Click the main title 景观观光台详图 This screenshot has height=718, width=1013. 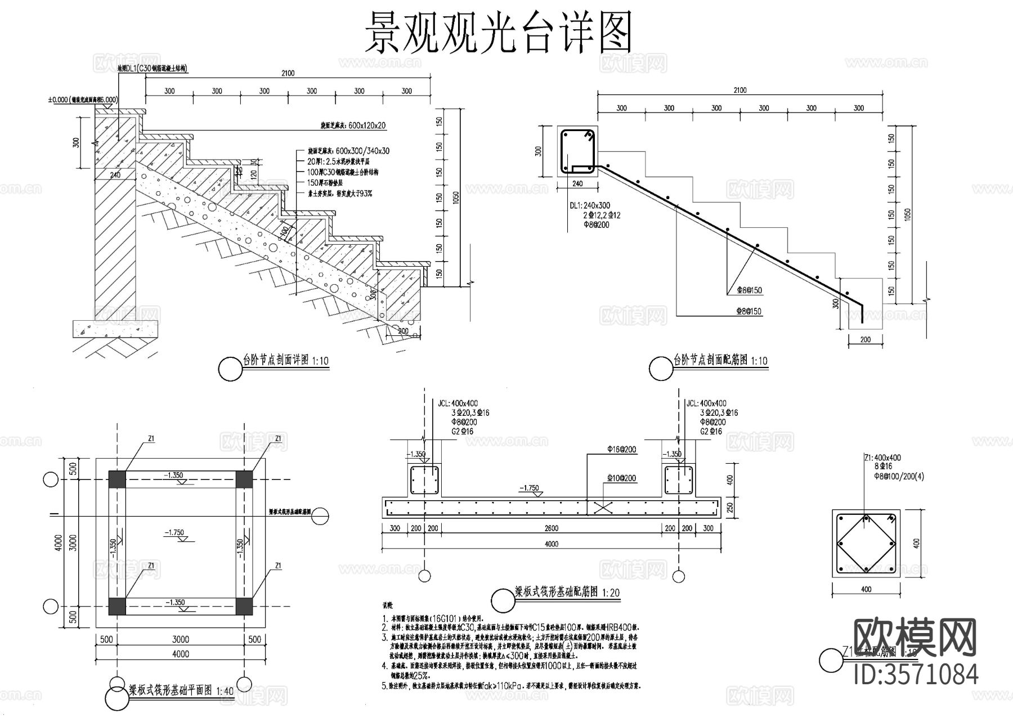pos(499,33)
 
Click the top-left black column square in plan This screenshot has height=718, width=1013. pos(118,479)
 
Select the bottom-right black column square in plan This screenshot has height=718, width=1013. pos(244,606)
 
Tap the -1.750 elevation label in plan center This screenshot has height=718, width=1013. pos(174,532)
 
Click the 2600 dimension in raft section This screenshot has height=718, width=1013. pos(552,528)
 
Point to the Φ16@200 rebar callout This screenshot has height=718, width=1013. pos(622,449)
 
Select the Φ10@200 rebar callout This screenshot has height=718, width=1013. pos(622,478)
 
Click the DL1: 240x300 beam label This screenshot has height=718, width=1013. pos(589,206)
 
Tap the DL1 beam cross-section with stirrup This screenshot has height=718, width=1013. pos(577,151)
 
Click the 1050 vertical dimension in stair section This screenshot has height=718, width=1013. pos(456,197)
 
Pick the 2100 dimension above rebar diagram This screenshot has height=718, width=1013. pos(739,90)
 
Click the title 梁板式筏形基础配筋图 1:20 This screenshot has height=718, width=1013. pos(567,593)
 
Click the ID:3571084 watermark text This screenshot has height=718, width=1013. pos(916,674)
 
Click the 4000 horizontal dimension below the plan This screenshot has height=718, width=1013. pos(180,654)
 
